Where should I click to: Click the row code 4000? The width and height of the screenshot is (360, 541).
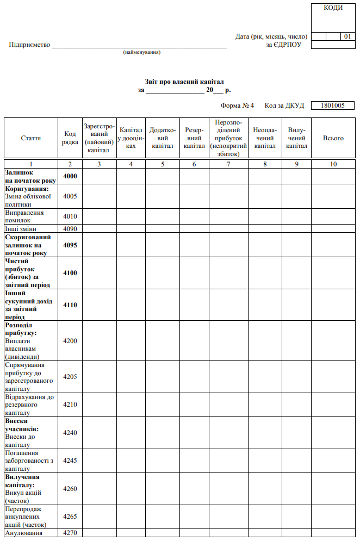coord(70,176)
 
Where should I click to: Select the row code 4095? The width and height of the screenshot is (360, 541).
coord(70,245)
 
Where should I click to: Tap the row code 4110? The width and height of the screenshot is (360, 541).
coord(70,305)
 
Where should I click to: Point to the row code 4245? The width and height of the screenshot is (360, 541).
coord(70,461)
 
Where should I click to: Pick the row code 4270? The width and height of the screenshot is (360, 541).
coord(70,533)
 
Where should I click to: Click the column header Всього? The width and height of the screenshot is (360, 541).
coord(333,138)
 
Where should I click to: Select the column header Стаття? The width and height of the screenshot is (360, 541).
coord(31,138)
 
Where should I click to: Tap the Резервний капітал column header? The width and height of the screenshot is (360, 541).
coord(194,138)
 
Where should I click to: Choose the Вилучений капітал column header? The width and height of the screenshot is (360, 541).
coord(296,138)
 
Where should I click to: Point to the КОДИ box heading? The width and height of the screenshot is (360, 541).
coord(333,8)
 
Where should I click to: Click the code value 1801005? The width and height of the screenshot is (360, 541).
coord(333,105)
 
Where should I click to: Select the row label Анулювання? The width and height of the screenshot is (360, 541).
coord(23,533)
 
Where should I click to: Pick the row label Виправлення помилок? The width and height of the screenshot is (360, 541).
coord(24,216)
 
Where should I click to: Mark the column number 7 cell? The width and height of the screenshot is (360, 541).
coord(228,164)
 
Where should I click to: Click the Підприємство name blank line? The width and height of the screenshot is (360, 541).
coord(139,45)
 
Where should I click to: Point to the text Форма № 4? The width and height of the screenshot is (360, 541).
coord(237,105)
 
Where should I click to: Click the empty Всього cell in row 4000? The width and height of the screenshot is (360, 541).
coord(333,176)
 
